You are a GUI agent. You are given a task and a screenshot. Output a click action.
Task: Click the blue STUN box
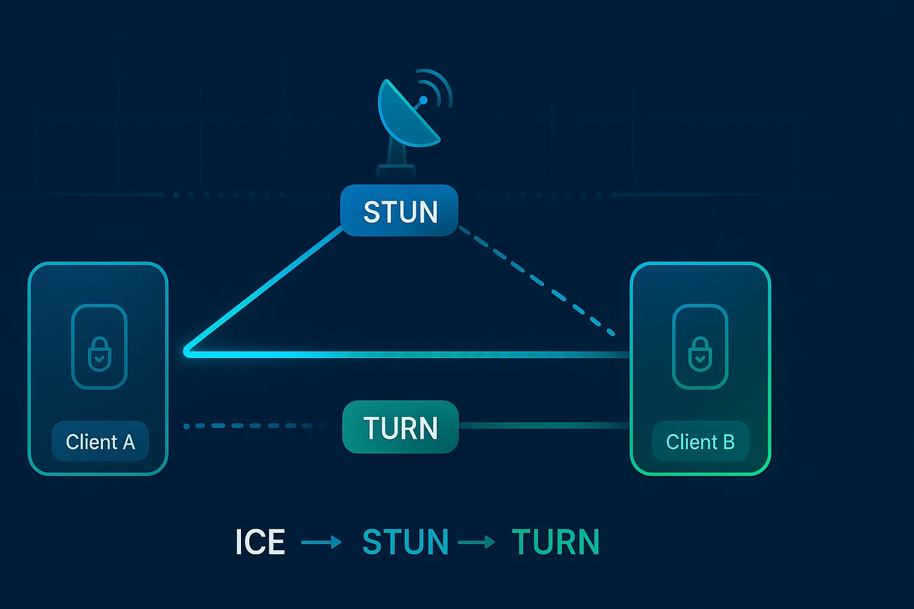click(399, 211)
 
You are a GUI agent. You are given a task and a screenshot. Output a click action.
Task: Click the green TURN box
click(400, 427)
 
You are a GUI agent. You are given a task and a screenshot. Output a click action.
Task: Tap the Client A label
click(100, 442)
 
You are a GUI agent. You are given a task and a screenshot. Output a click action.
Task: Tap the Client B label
click(700, 442)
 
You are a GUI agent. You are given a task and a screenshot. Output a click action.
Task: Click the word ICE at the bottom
click(260, 542)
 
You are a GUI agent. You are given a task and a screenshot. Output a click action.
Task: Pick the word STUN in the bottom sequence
click(405, 542)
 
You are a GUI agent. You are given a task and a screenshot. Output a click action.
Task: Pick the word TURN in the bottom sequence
click(555, 542)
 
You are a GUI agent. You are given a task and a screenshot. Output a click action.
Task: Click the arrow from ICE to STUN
click(321, 542)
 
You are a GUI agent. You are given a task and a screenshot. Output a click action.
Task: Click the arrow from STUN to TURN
click(476, 542)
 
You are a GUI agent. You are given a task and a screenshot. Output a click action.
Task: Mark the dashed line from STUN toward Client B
click(536, 280)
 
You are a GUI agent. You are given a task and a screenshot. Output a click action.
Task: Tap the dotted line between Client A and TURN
click(250, 426)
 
